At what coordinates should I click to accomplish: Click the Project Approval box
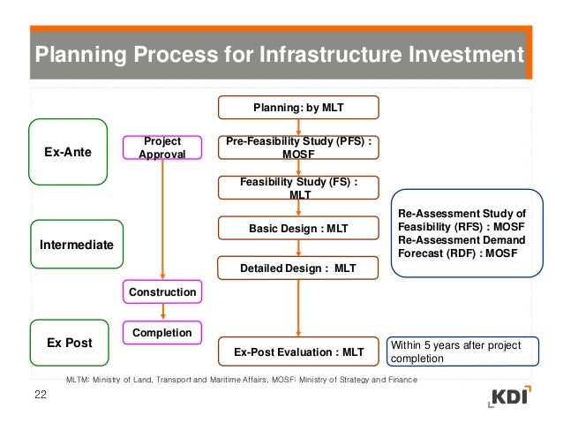pyautogui.click(x=161, y=147)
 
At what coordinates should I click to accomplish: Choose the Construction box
pyautogui.click(x=161, y=291)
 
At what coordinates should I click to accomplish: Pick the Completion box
pyautogui.click(x=161, y=333)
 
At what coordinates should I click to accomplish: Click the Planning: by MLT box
pyautogui.click(x=298, y=108)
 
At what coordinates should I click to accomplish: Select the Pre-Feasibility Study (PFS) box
pyautogui.click(x=298, y=147)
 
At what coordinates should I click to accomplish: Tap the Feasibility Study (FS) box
pyautogui.click(x=298, y=188)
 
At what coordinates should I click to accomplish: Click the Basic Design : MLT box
pyautogui.click(x=298, y=228)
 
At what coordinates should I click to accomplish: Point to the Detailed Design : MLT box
pyautogui.click(x=298, y=268)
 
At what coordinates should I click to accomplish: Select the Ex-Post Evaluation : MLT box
pyautogui.click(x=298, y=352)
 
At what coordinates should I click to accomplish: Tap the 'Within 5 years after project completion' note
pyautogui.click(x=454, y=352)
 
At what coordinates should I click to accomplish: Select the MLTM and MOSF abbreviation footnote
pyautogui.click(x=242, y=379)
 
